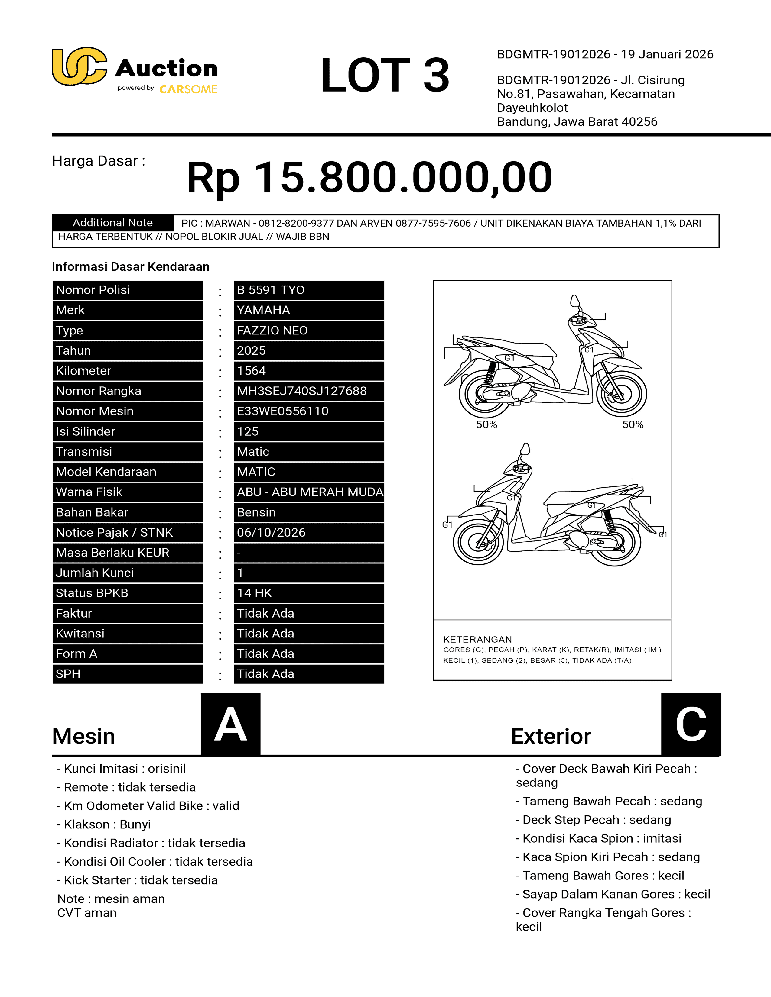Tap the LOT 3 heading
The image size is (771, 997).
click(x=385, y=75)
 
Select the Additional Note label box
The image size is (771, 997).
click(x=113, y=223)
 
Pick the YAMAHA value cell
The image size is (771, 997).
click(x=309, y=310)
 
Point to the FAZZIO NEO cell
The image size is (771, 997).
click(x=309, y=331)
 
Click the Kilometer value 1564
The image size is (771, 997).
click(x=309, y=371)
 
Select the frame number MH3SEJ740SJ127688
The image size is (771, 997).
click(x=309, y=391)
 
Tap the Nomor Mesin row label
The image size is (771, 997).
click(x=128, y=411)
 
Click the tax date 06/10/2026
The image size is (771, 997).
click(x=309, y=533)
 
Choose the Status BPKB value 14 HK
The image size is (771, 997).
click(x=309, y=593)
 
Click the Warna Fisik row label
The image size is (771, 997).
click(x=128, y=492)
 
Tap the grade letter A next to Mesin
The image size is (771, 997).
click(x=231, y=724)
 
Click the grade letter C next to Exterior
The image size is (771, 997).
click(x=691, y=724)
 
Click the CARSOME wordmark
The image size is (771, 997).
click(x=188, y=89)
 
